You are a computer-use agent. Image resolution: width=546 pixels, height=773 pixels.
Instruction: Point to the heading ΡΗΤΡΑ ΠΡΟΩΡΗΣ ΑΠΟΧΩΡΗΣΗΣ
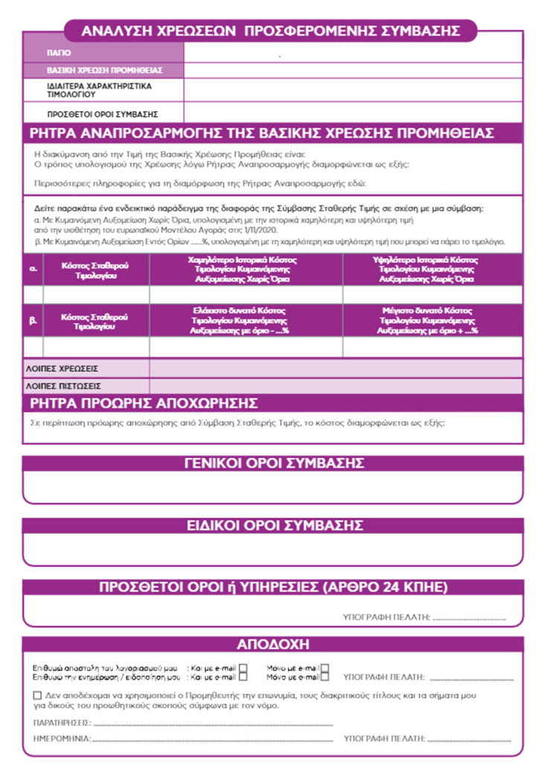pyautogui.click(x=143, y=404)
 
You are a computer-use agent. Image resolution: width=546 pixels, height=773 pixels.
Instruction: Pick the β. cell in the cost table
pyautogui.click(x=33, y=320)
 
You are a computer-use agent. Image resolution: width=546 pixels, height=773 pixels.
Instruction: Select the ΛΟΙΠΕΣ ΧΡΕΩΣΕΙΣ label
pyautogui.click(x=62, y=369)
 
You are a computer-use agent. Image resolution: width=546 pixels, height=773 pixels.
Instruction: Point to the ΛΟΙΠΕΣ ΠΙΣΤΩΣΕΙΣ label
pyautogui.click(x=63, y=386)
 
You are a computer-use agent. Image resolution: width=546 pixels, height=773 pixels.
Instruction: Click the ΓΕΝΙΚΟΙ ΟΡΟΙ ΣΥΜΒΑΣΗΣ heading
pyautogui.click(x=273, y=463)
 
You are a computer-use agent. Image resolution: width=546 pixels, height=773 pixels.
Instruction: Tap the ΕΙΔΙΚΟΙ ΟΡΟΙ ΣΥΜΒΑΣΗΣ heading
pyautogui.click(x=273, y=525)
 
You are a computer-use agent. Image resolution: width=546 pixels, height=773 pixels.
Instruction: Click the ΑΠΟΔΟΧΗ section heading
pyautogui.click(x=273, y=644)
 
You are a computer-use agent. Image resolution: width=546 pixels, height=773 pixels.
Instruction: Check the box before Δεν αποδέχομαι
pyautogui.click(x=38, y=695)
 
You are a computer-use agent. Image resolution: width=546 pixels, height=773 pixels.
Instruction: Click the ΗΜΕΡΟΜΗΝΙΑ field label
pyautogui.click(x=62, y=739)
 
